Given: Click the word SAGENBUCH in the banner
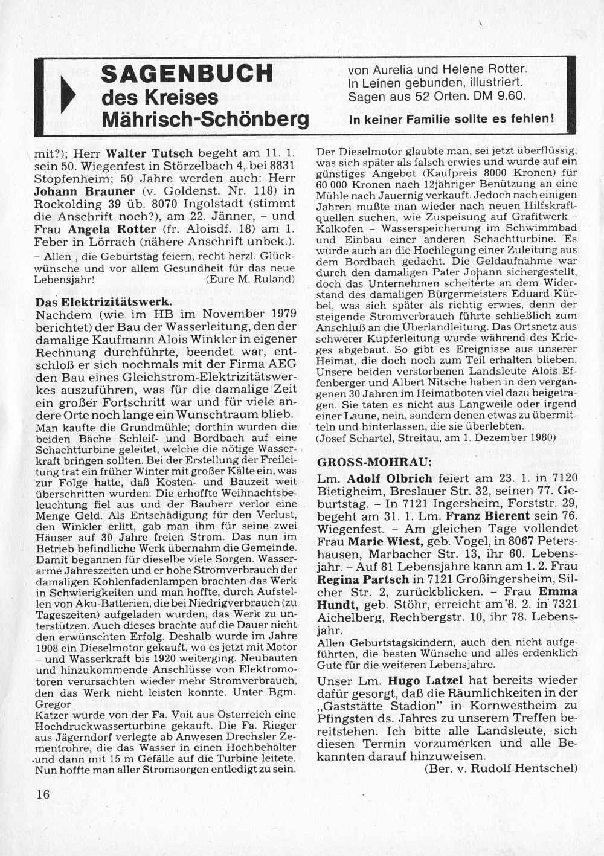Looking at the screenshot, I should point(187,73).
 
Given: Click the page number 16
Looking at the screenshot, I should point(43,794).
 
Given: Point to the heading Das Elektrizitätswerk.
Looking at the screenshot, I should point(104,302).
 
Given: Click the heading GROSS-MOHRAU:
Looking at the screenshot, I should point(374,462).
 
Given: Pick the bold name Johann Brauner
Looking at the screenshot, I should point(85,191).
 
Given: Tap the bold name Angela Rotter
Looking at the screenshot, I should point(113,229).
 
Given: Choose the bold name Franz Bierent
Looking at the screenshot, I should point(487,516).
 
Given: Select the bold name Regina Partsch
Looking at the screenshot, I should point(363,579).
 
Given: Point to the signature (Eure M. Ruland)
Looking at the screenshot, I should point(250,279).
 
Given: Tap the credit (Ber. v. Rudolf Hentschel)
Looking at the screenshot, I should point(501,768).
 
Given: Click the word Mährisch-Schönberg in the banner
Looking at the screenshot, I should point(205,119).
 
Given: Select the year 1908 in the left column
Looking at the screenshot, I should point(48,647).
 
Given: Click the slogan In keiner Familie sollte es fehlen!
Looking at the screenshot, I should point(451,119).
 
